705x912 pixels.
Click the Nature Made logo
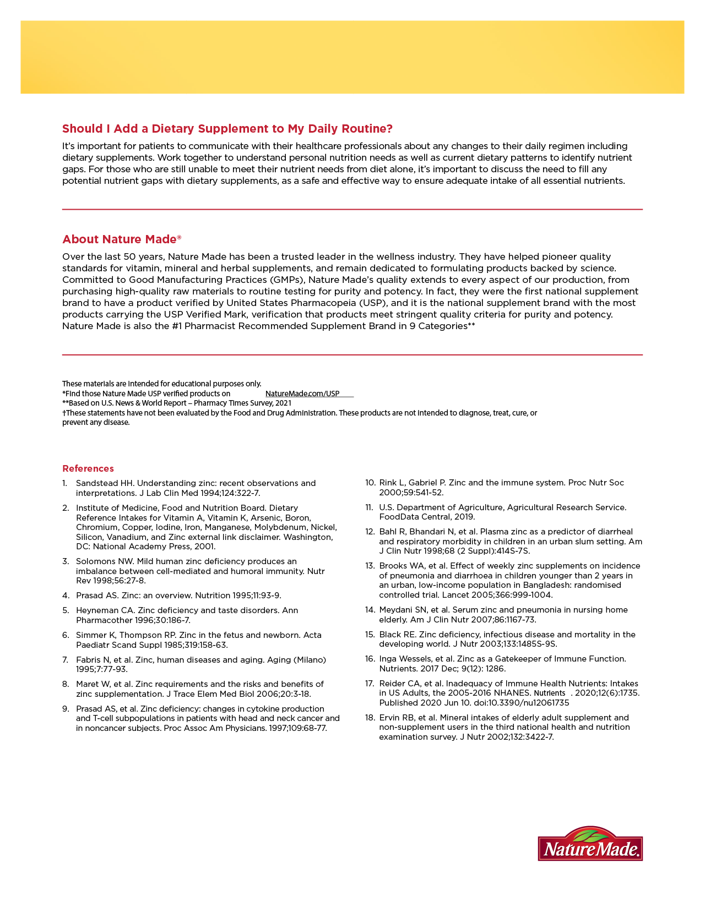590,844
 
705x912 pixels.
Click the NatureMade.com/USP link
302,394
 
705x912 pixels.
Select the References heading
88,468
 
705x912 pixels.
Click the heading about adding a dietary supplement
227,129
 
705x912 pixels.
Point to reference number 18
370,718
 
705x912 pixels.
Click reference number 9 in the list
65,709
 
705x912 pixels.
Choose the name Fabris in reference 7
88,660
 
